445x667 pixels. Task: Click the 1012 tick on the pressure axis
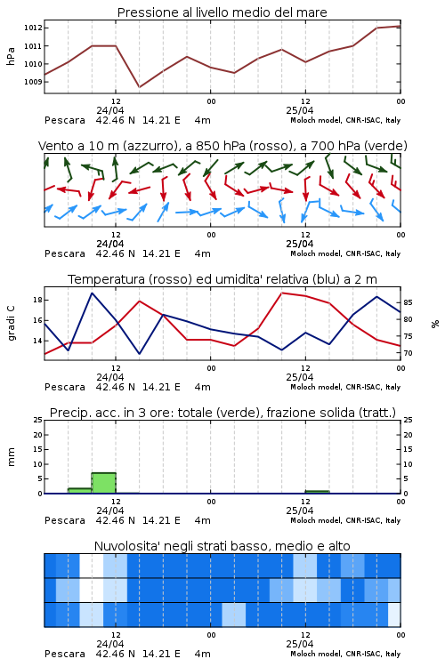point(32,28)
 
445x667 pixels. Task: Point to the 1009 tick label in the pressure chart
point(32,82)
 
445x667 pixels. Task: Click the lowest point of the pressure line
point(139,87)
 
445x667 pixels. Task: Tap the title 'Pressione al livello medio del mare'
point(222,12)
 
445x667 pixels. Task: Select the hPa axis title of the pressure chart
point(11,56)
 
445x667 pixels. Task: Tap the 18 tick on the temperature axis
point(37,300)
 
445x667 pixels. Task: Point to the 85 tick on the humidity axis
point(408,302)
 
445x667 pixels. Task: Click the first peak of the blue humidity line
point(93,293)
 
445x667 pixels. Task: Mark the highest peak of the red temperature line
point(282,293)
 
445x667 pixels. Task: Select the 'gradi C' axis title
point(11,323)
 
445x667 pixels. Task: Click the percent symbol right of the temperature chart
point(435,324)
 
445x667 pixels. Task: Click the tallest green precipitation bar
point(104,483)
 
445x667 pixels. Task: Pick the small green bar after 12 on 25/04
point(317,492)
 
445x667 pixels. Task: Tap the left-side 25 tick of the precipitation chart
point(37,420)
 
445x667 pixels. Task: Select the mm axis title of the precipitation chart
point(11,457)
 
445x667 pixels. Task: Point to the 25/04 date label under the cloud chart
point(299,644)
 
